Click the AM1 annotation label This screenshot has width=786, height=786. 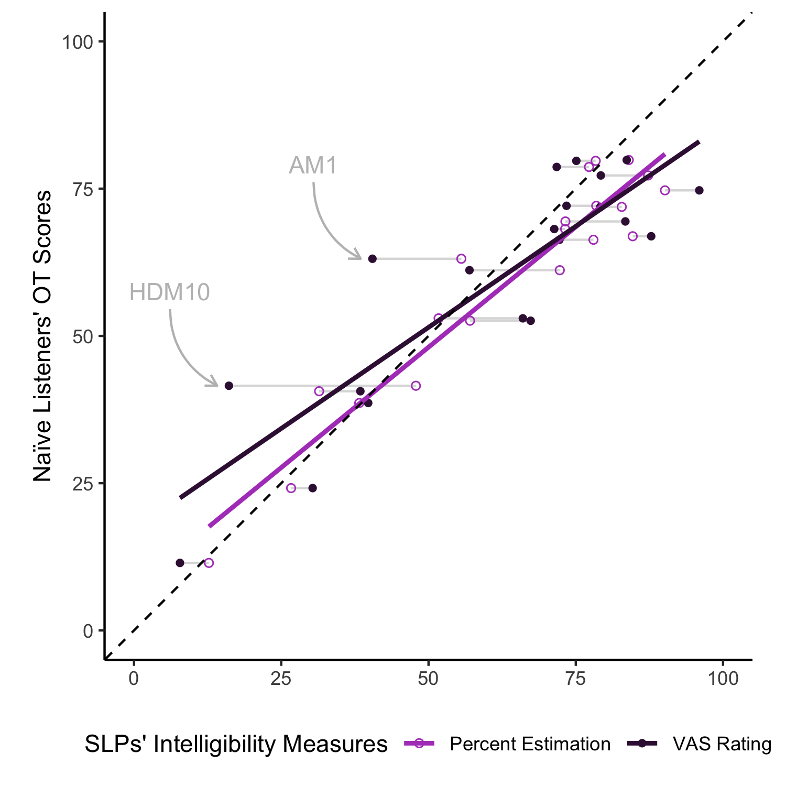pyautogui.click(x=313, y=166)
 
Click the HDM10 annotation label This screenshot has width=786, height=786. pyautogui.click(x=169, y=292)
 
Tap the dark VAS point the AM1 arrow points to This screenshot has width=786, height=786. pyautogui.click(x=372, y=259)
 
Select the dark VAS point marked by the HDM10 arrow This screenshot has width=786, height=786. pyautogui.click(x=228, y=386)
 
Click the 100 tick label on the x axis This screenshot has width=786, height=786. pyautogui.click(x=723, y=679)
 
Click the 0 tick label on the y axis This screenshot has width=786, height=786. pyautogui.click(x=88, y=631)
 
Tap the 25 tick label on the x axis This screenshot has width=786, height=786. pyautogui.click(x=281, y=679)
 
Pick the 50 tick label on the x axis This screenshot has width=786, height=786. pyautogui.click(x=428, y=679)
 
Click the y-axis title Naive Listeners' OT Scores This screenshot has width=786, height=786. pyautogui.click(x=43, y=335)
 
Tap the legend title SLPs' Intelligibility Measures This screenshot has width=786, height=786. pyautogui.click(x=236, y=744)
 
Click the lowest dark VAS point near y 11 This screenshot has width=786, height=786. pyautogui.click(x=180, y=563)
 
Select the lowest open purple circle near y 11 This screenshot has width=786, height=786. pyautogui.click(x=209, y=563)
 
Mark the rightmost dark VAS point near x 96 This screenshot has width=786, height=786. pyautogui.click(x=699, y=190)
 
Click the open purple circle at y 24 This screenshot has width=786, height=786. pyautogui.click(x=291, y=488)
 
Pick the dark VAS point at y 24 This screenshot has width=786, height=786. pyautogui.click(x=312, y=488)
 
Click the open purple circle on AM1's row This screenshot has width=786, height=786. pyautogui.click(x=461, y=259)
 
